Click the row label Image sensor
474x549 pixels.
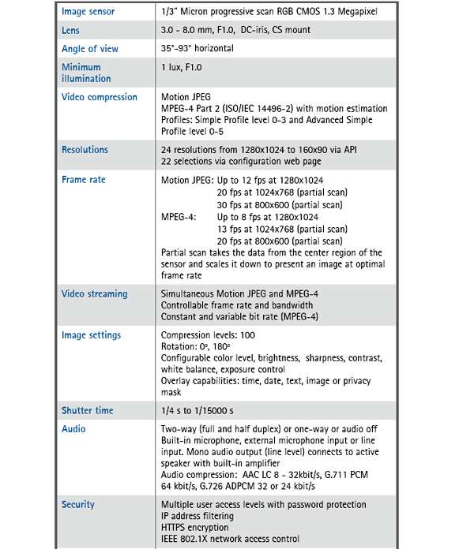coord(88,12)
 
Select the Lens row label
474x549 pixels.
coord(70,31)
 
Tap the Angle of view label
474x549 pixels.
coord(89,49)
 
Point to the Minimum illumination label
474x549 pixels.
coord(86,73)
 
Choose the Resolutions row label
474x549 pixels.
coord(85,150)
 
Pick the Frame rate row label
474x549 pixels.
coord(83,180)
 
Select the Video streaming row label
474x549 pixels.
coord(94,294)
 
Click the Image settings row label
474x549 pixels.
coord(91,335)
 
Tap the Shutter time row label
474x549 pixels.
coord(87,411)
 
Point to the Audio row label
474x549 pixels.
coord(73,429)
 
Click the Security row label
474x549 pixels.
coord(77,505)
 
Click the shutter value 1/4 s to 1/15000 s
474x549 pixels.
coord(209,411)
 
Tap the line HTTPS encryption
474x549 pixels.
coord(197,527)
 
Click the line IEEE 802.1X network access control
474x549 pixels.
coord(230,539)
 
